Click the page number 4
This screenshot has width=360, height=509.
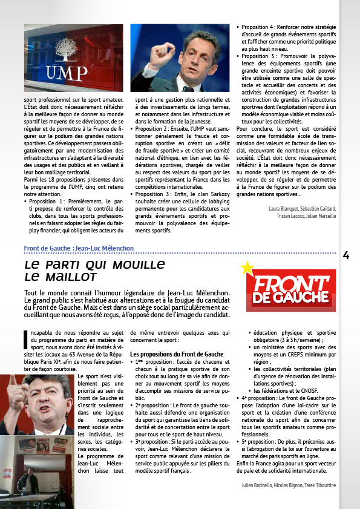tap(346, 255)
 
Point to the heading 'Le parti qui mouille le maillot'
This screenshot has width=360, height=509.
tap(95, 271)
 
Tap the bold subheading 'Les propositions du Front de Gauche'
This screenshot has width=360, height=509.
tap(169, 353)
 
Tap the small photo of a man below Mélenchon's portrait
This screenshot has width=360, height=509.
tap(38, 463)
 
